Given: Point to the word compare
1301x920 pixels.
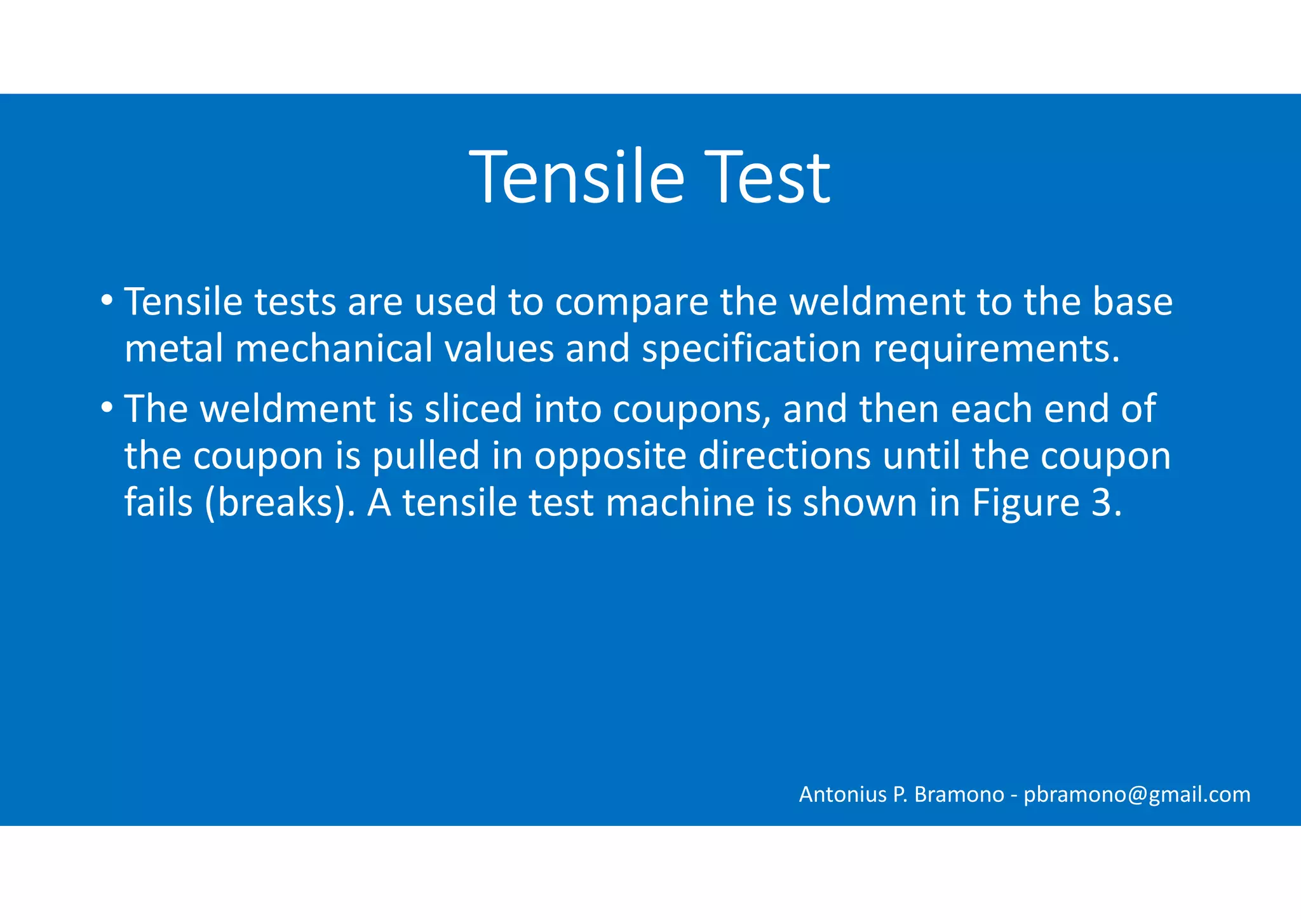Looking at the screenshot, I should tap(631, 302).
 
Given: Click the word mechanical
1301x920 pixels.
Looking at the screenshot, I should tap(334, 349).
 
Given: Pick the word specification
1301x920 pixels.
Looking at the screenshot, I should tap(751, 349).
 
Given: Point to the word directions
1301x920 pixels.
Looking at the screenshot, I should tap(785, 456).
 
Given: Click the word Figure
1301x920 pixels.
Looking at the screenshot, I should tap(1025, 503).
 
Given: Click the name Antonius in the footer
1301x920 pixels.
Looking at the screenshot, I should tap(842, 795).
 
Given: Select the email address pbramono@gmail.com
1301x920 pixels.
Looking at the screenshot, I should tap(1136, 795).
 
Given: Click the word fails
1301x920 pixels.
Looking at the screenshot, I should tap(158, 503).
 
